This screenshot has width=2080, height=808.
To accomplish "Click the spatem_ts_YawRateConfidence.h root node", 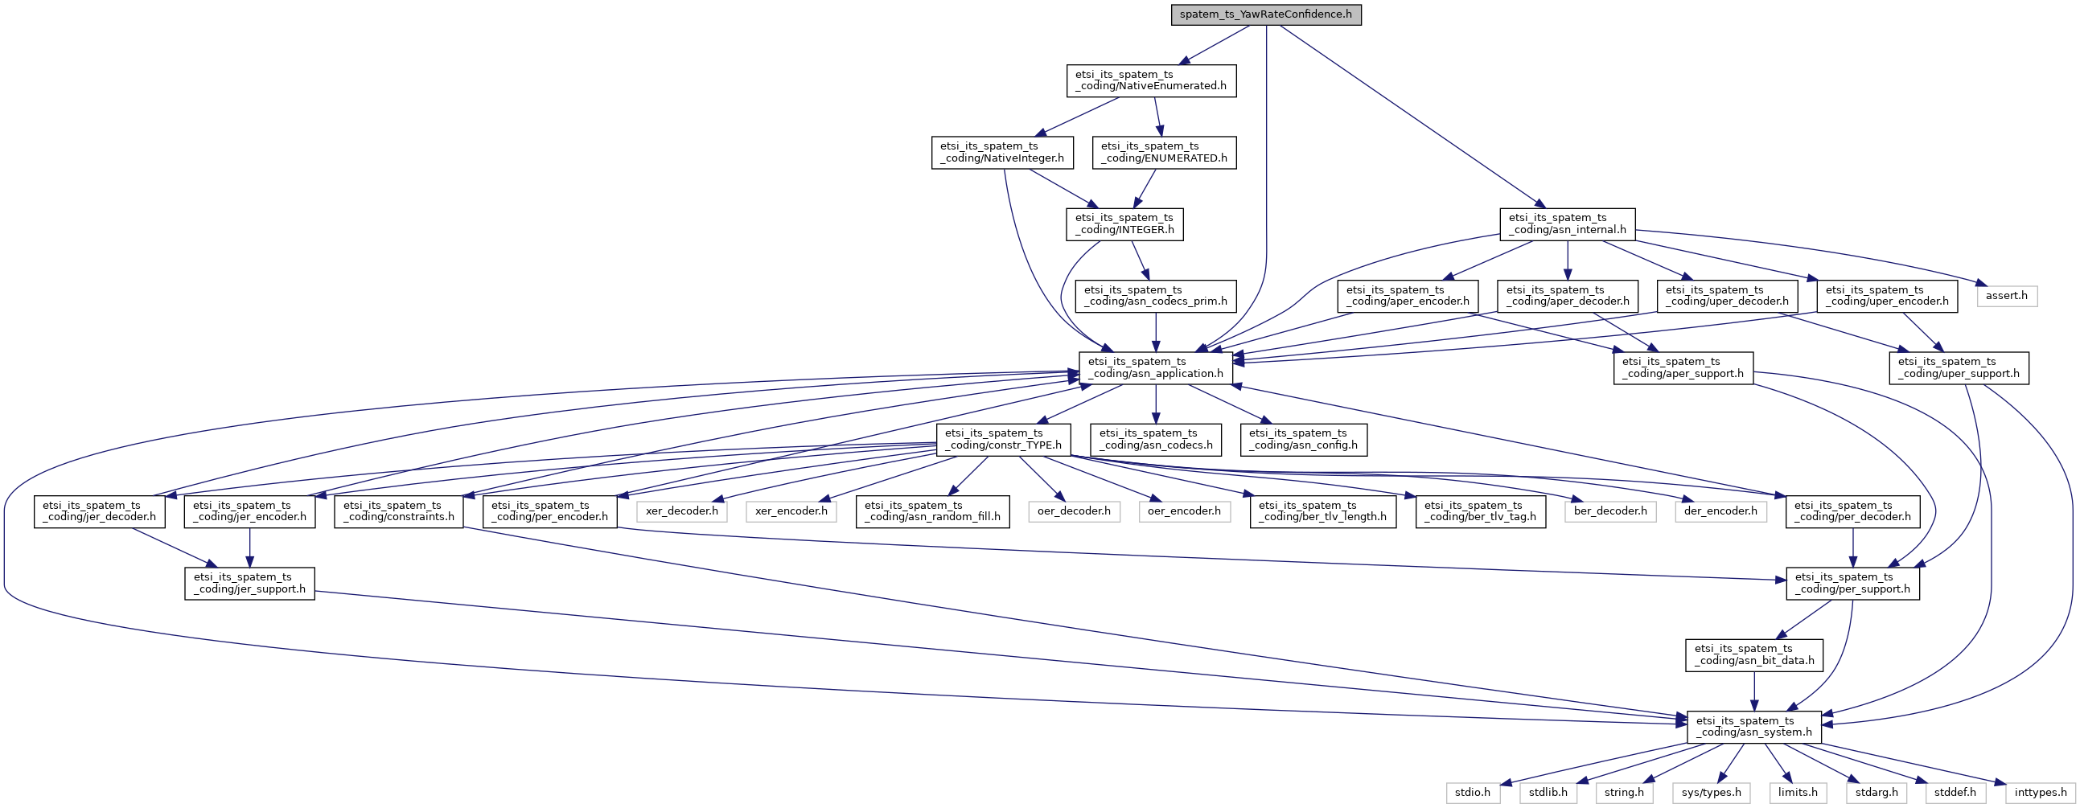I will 1265,14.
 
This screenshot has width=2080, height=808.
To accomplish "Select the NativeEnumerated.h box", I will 1151,80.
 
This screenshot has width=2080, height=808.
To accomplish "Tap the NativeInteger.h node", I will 1002,153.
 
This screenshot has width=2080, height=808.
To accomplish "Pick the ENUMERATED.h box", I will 1164,153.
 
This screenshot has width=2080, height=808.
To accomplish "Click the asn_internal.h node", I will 1568,224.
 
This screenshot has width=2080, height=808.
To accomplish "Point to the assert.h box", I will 2007,296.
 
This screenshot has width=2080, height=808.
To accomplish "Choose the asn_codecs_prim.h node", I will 1156,296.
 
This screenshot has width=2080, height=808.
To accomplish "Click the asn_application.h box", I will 1156,368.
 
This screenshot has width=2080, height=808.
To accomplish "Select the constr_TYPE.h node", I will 1003,440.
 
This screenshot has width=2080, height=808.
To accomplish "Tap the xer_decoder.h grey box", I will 681,512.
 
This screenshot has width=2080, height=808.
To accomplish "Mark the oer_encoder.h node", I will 1184,512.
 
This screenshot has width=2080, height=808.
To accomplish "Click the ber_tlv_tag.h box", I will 1481,512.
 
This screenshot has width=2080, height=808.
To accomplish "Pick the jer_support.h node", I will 249,584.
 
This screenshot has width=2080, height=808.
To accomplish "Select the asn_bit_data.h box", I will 1753,655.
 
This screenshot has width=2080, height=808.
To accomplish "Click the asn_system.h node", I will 1753,728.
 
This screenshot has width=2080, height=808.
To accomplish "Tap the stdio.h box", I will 1472,794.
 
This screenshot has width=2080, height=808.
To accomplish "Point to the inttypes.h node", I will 2041,794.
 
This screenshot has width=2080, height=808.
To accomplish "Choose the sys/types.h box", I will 1712,794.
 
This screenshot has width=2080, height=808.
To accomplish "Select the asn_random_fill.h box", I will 931,512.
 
